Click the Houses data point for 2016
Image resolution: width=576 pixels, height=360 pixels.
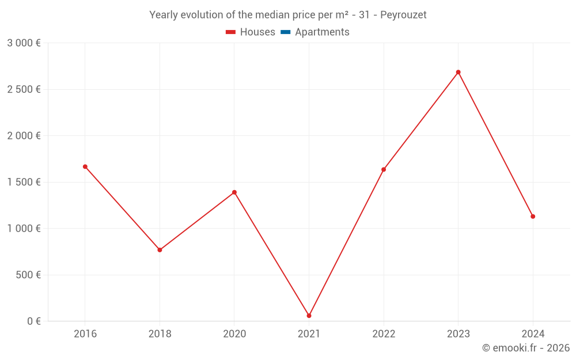(85, 166)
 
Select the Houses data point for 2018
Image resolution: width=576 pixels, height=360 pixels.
(160, 250)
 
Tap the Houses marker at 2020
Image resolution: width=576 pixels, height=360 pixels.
(234, 192)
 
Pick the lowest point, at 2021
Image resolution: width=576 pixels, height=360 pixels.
(309, 316)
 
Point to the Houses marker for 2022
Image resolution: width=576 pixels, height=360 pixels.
(384, 169)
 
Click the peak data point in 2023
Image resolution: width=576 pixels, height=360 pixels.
(458, 72)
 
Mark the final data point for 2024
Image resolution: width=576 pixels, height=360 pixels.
(533, 217)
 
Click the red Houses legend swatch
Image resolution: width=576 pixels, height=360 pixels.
(230, 32)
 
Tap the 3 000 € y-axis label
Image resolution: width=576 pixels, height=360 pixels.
(24, 43)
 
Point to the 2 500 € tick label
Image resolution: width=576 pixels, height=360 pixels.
(24, 89)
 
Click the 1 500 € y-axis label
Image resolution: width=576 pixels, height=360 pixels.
(24, 182)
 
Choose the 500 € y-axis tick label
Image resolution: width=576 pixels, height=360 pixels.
(28, 275)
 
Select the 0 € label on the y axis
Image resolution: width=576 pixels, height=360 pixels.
(34, 321)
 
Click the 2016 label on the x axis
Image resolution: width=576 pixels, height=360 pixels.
(85, 334)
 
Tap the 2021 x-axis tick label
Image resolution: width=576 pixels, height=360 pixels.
(309, 334)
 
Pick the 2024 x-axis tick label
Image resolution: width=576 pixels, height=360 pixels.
(533, 334)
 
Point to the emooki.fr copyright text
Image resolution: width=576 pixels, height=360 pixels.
(526, 348)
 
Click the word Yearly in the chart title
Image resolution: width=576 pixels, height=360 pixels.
(164, 15)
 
